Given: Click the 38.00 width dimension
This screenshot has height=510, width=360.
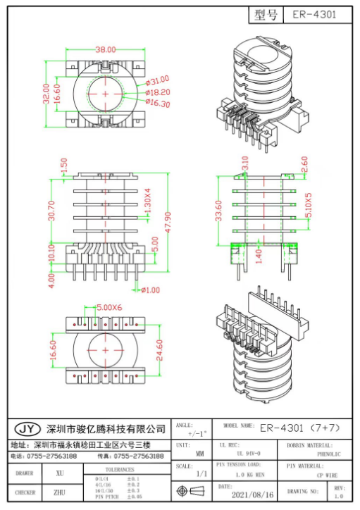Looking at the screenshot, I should (106, 50).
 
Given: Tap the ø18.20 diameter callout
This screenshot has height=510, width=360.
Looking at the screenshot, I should (158, 92).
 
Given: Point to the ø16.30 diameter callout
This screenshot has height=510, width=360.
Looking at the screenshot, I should (158, 104).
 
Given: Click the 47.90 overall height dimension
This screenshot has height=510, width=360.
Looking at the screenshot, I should (168, 225).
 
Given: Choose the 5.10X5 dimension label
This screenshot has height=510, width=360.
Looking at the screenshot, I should (307, 204).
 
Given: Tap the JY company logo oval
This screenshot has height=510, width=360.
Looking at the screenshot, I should (26, 429).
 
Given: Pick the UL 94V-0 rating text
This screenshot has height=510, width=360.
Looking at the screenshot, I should (244, 454).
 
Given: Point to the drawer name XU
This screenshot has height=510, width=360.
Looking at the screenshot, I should (60, 474).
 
